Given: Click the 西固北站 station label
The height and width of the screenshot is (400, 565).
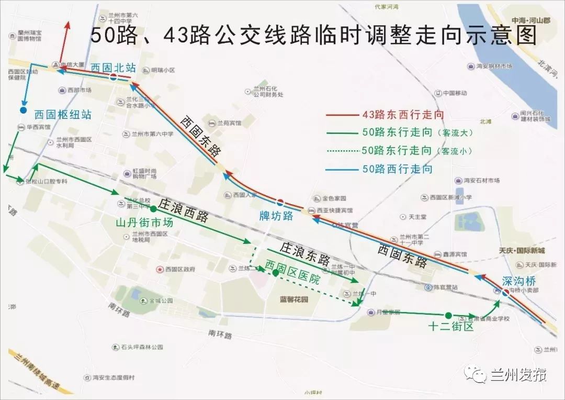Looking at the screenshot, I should tap(113, 68).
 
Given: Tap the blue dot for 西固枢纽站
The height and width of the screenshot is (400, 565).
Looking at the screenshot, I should tap(23, 110).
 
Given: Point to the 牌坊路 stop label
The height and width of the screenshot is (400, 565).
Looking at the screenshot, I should tap(277, 216).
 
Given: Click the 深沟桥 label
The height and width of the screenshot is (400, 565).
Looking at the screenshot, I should tap(519, 281).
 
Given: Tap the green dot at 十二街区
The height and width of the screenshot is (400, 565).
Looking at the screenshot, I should tap(448, 315).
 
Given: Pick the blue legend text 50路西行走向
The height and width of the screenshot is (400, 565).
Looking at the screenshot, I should tap(397, 169).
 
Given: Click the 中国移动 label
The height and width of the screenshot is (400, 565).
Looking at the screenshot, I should tap(454, 94).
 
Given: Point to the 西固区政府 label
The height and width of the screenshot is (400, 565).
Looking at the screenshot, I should tap(179, 269).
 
